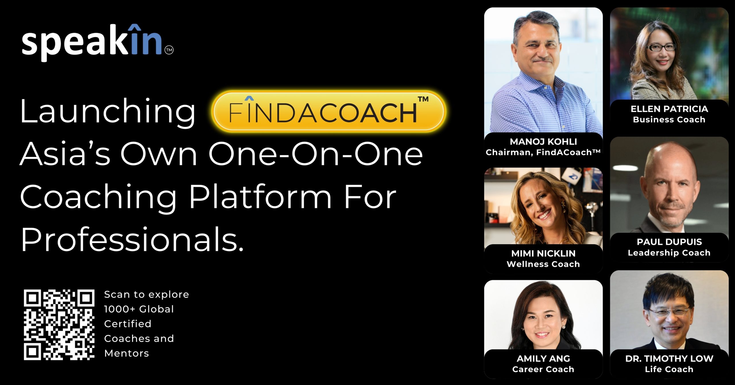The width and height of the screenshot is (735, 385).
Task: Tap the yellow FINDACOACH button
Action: tap(329, 112)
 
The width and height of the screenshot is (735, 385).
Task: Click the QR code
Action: tap(59, 325)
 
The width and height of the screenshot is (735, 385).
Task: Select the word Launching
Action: tap(108, 112)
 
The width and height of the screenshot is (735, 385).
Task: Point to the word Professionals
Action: tap(132, 240)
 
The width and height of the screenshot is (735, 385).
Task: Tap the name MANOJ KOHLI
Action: tap(543, 141)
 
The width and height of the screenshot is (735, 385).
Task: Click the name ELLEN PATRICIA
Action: tap(669, 109)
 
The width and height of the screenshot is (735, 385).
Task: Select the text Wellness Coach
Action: tap(543, 264)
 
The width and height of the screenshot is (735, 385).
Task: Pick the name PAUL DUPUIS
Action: tap(669, 242)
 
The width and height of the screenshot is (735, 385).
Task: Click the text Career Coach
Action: tap(543, 369)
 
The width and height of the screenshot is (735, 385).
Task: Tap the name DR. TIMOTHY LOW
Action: tap(669, 359)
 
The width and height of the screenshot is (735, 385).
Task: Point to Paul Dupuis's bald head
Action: tap(670, 158)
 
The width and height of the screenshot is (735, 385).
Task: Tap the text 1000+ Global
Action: tap(139, 309)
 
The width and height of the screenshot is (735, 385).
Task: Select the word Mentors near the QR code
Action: tap(127, 353)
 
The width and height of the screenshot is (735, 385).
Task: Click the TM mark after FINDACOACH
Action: tap(423, 99)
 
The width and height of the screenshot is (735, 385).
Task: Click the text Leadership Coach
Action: tap(669, 253)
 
